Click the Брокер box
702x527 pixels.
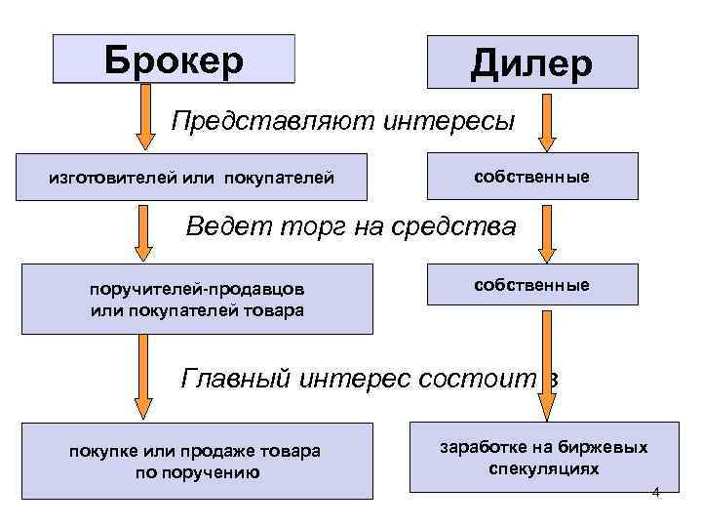click(x=173, y=59)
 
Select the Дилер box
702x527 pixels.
click(x=531, y=62)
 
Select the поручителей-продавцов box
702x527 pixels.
click(x=197, y=299)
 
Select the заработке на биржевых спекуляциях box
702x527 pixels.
click(x=544, y=456)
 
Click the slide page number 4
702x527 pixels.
click(x=655, y=492)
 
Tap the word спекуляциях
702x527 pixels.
click(x=544, y=468)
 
